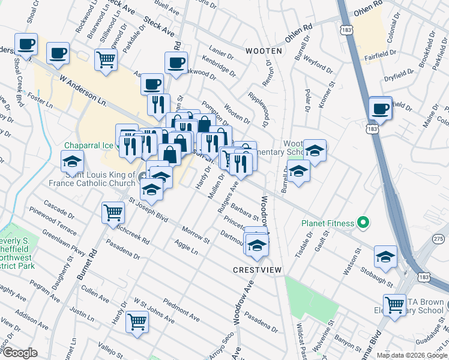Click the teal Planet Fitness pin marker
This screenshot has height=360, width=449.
coord(363,223)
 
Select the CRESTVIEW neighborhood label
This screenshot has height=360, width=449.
coord(258,271)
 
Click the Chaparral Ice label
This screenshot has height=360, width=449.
coord(89,145)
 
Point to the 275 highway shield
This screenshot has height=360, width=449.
coord(439,239)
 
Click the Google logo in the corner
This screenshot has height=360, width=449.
coord(19,353)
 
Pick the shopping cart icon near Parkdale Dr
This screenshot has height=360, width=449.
coord(106,59)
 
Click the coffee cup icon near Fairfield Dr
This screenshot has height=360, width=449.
coord(381,108)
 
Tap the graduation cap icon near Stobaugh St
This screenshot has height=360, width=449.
coord(385,256)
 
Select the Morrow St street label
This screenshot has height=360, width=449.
coord(196,235)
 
